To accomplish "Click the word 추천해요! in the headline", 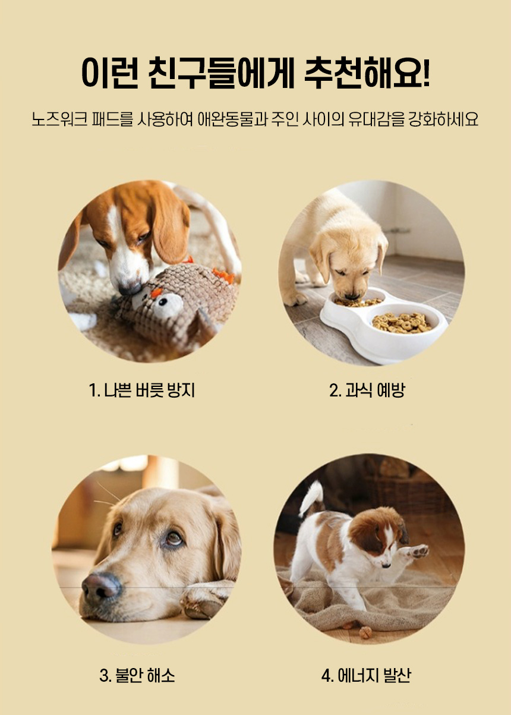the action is (x=367, y=73).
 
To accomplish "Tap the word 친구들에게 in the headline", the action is (x=221, y=73).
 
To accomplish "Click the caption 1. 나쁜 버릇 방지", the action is (x=142, y=390).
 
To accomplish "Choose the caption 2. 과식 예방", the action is (x=367, y=390).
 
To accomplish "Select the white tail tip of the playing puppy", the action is (x=311, y=498).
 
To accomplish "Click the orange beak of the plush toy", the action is (x=156, y=292).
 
